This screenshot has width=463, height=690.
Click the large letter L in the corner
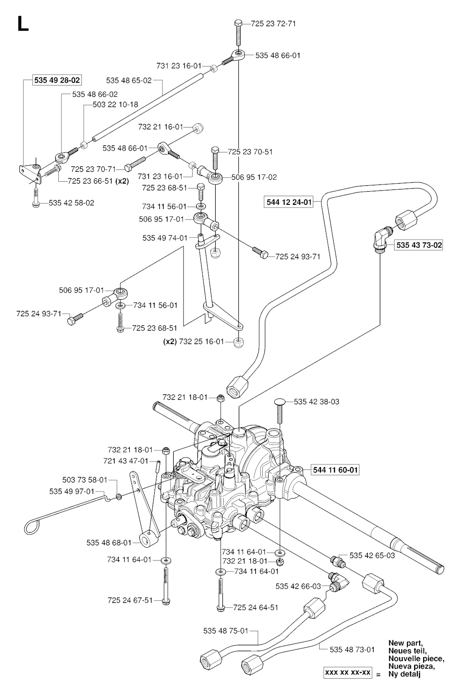(23, 24)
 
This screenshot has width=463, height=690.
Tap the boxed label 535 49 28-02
(57, 80)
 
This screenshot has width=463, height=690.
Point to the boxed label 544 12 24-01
(289, 202)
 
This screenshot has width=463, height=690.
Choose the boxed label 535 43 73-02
(419, 245)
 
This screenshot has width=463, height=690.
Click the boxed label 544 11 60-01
(335, 470)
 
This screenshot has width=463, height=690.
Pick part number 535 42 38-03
(317, 402)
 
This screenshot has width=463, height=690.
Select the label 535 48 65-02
(129, 80)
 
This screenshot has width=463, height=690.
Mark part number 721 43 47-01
(126, 461)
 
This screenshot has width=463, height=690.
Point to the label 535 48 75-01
(226, 631)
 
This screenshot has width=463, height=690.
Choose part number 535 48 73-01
(352, 649)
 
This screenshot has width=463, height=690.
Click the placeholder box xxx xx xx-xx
(347, 673)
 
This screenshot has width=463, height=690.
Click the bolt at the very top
(239, 29)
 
